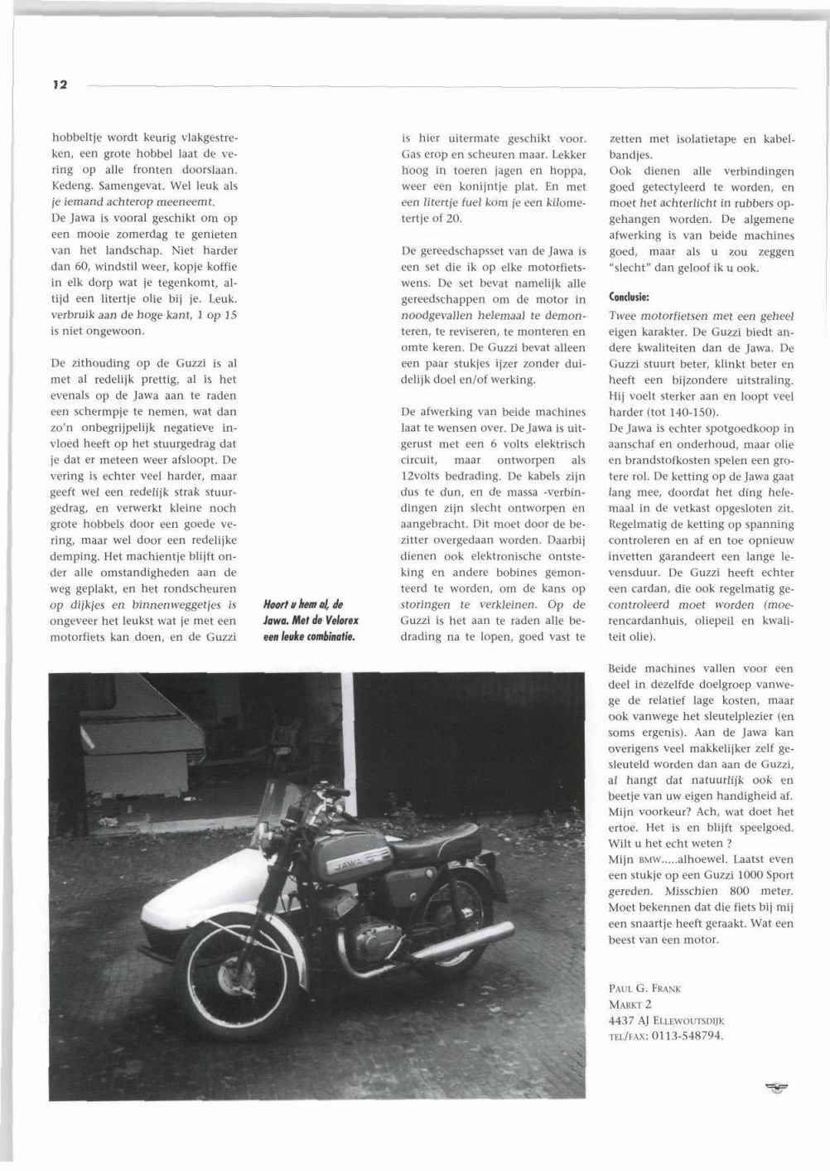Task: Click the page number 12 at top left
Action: click(x=59, y=85)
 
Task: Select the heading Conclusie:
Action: click(x=628, y=296)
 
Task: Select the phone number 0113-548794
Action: click(x=688, y=1036)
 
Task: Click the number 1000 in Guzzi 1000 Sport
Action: click(x=724, y=875)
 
